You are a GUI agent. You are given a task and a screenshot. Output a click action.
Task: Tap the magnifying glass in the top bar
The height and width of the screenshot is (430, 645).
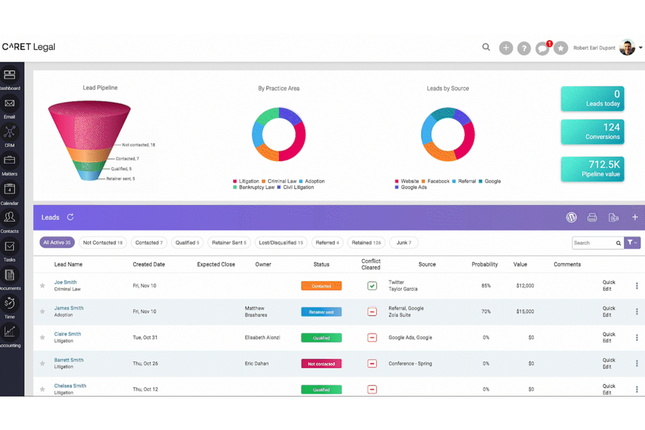coord(486,47)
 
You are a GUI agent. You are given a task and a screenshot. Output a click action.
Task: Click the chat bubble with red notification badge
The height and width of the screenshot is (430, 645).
coord(542,48)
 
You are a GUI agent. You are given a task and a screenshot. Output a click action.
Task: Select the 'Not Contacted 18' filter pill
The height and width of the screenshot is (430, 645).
coord(102,243)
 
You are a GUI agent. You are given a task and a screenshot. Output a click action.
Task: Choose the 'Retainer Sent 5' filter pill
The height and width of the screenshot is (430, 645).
coord(229,243)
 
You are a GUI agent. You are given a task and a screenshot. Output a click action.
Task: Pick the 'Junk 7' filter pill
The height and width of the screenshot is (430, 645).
coord(404,243)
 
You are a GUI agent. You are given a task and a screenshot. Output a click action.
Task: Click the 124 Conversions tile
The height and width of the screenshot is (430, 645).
coord(592,132)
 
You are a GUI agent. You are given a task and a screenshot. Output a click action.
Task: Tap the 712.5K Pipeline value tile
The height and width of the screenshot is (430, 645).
coord(592,169)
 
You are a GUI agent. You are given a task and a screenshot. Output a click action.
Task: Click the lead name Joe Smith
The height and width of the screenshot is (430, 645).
coord(65,282)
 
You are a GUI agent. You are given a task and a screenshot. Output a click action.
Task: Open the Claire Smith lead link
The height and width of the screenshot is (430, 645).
coord(68,334)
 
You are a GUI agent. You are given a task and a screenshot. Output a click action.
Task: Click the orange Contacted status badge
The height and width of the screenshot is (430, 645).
coord(321,286)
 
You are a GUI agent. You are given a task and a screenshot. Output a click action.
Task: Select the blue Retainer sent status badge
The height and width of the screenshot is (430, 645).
coord(321,312)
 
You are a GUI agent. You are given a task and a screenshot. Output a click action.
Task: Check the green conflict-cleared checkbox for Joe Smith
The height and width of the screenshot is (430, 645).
coord(372,286)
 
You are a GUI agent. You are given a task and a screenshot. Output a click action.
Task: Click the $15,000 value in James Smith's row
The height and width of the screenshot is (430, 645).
coord(525,311)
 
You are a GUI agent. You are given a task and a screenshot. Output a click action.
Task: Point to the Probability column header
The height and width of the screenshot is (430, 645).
coord(484,264)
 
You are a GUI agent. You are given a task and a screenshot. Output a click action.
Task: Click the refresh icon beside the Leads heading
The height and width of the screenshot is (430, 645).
coord(70,217)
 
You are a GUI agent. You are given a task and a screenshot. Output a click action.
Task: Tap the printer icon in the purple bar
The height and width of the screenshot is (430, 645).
coord(592,217)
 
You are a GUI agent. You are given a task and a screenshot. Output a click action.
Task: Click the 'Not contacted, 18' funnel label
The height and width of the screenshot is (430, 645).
coord(138,145)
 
